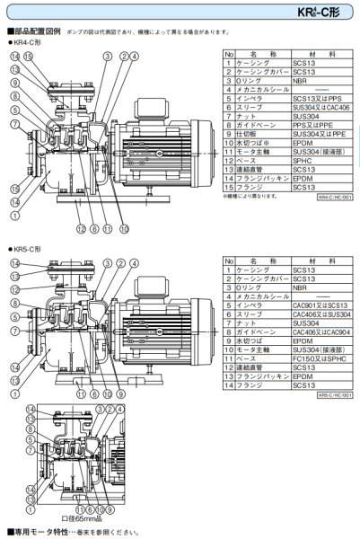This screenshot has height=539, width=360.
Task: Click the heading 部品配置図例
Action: (x=35, y=31)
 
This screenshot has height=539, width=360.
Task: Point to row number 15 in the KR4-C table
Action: (x=229, y=186)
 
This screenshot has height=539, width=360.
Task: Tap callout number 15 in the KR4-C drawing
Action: (x=29, y=57)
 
